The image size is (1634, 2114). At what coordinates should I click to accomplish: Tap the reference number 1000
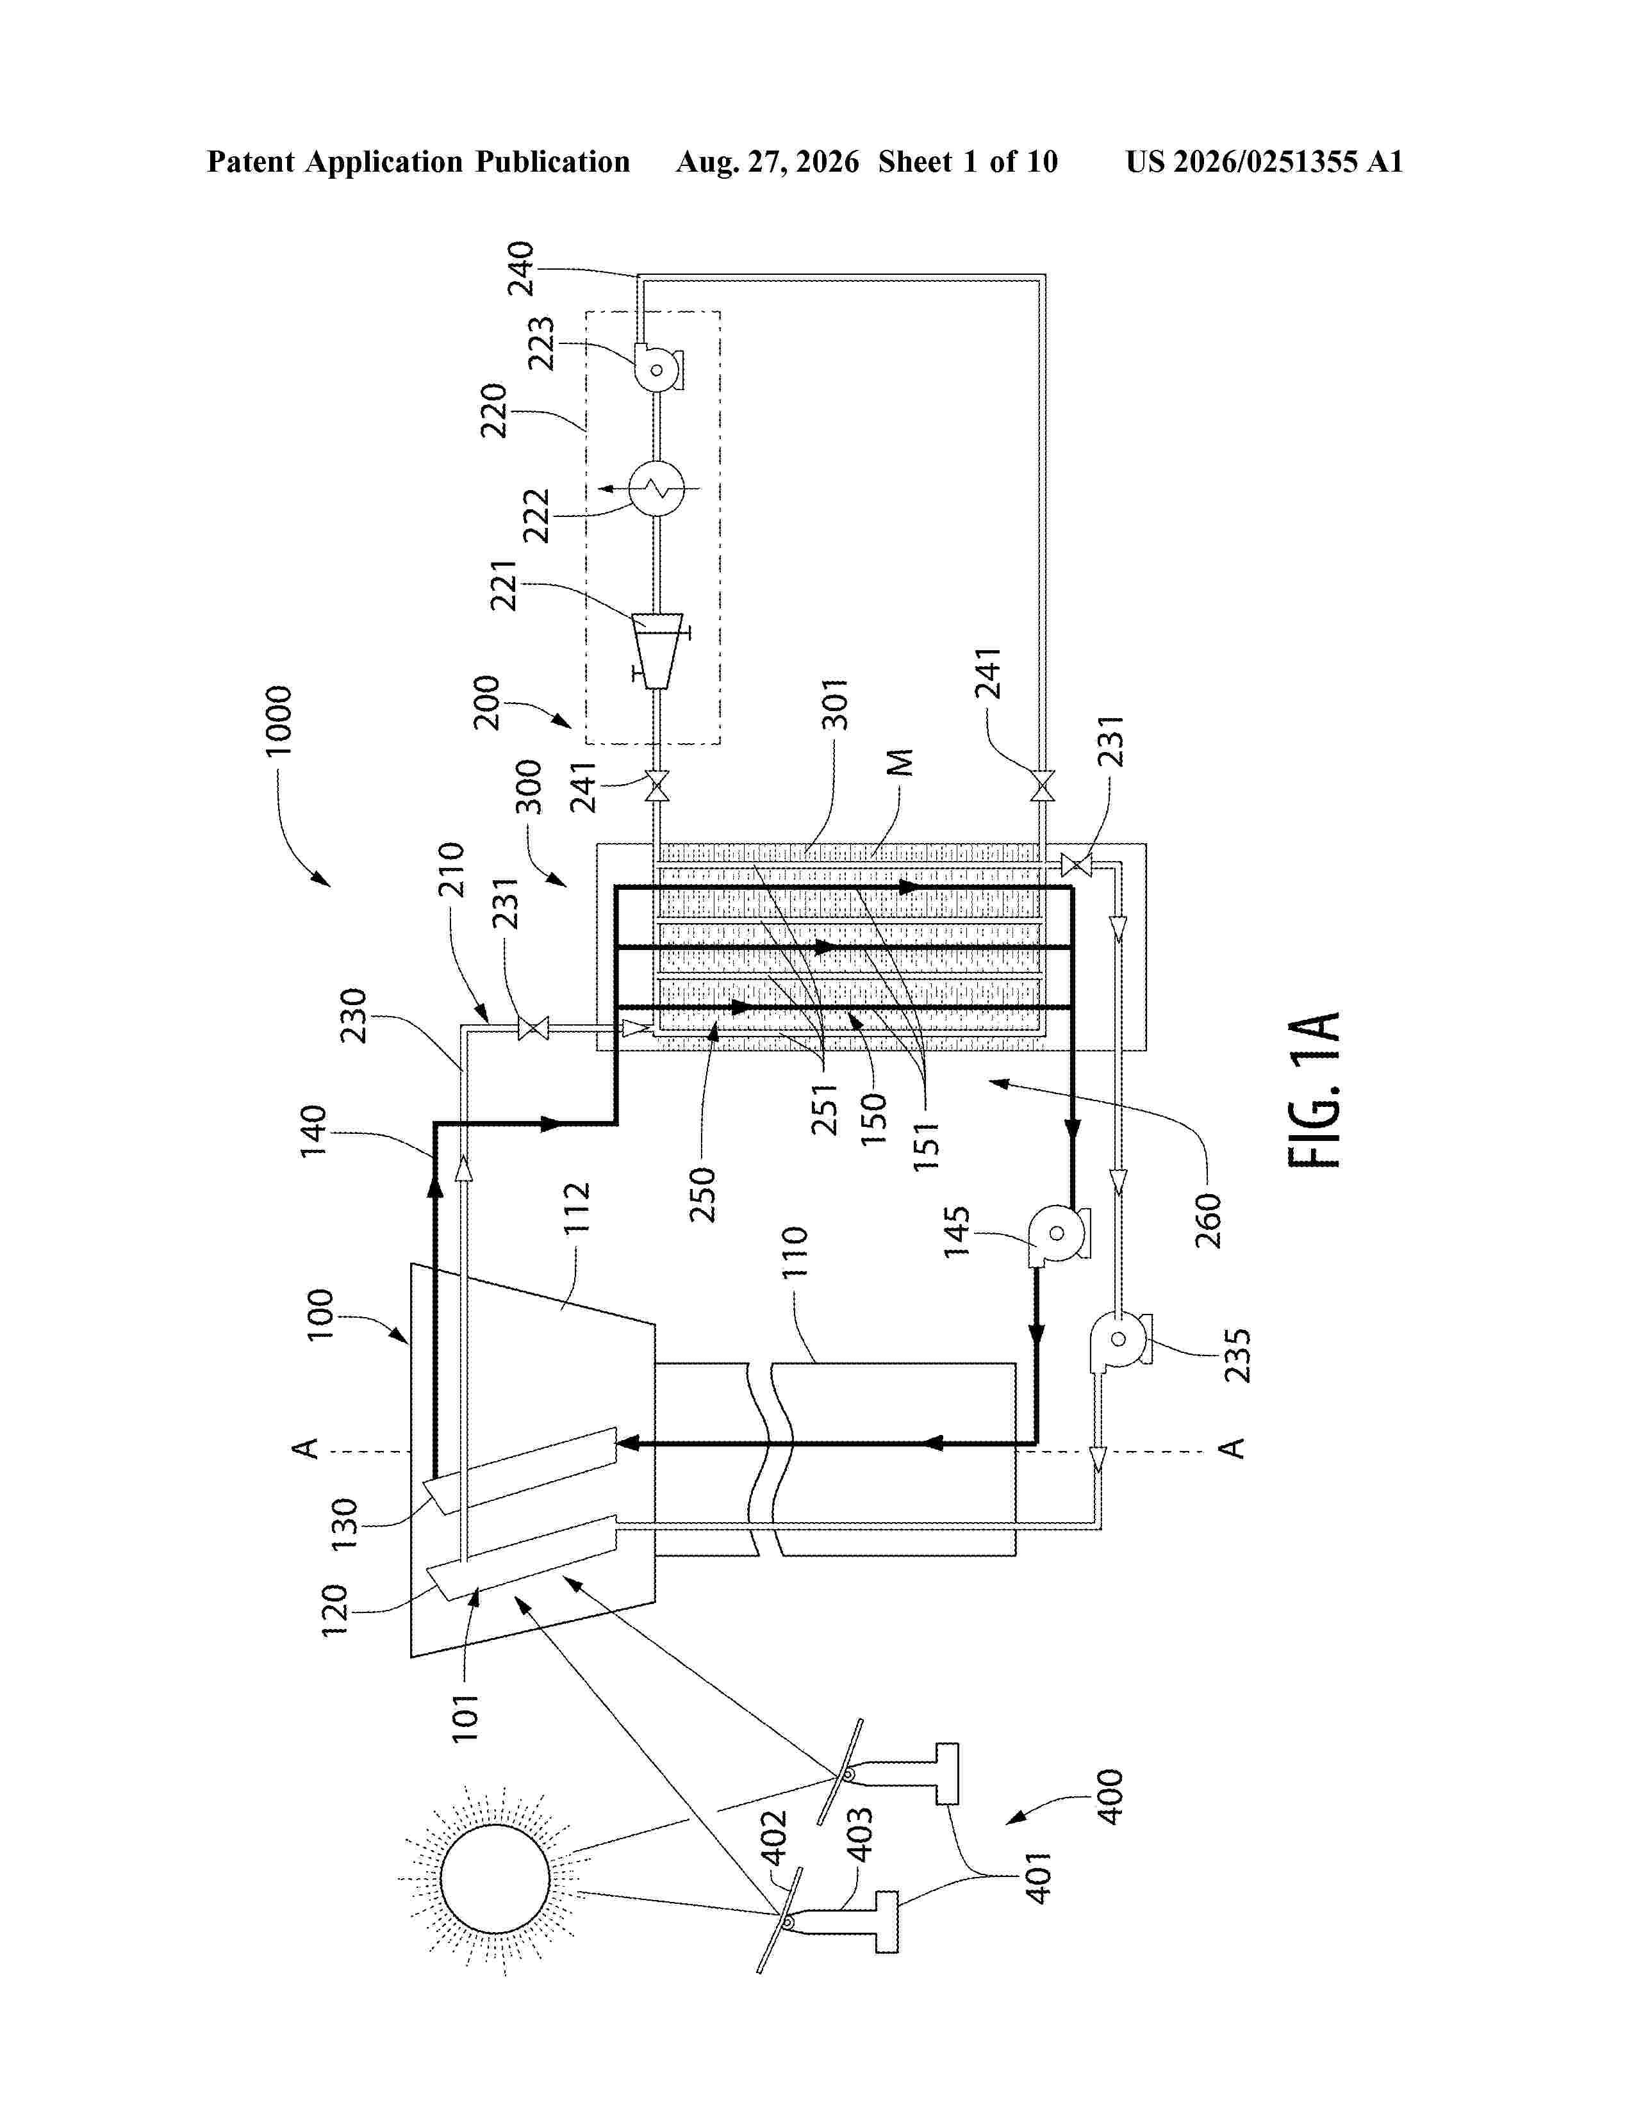tap(278, 721)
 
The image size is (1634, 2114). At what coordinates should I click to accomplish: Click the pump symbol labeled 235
tap(1119, 1340)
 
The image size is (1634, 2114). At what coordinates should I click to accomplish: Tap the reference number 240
tap(521, 269)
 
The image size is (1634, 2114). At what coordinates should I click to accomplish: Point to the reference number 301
tap(834, 703)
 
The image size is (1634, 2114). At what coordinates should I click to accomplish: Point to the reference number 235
tap(1238, 1355)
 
